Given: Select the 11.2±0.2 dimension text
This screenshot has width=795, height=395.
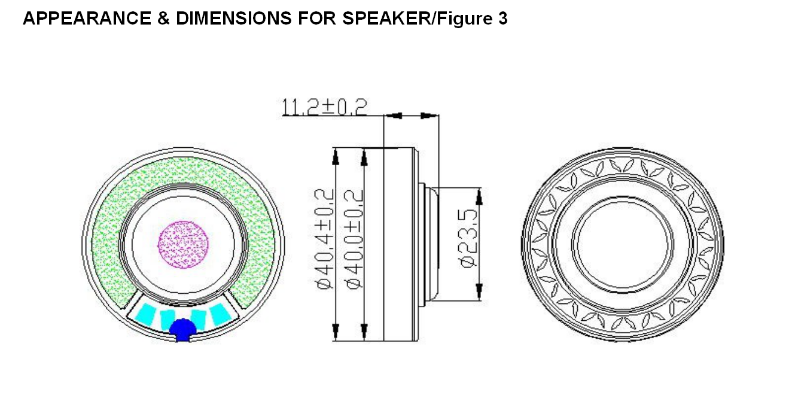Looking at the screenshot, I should [x=324, y=107].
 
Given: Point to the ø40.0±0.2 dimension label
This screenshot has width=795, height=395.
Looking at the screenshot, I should [x=355, y=239].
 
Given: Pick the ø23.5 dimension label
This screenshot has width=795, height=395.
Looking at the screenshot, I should [x=470, y=238].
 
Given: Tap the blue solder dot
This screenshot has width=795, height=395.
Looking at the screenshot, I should [x=182, y=329].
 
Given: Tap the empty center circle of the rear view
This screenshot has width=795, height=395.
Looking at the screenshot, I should [x=623, y=244].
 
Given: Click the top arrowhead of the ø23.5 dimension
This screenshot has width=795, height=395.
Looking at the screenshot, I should [x=479, y=195].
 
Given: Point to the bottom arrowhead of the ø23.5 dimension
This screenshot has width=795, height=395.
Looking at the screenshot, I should [x=479, y=292].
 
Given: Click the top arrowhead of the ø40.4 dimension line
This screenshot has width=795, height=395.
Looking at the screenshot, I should [x=336, y=157].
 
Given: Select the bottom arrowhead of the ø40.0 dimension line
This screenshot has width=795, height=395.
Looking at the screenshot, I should [x=364, y=330].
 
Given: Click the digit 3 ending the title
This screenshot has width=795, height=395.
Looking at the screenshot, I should [x=503, y=19].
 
